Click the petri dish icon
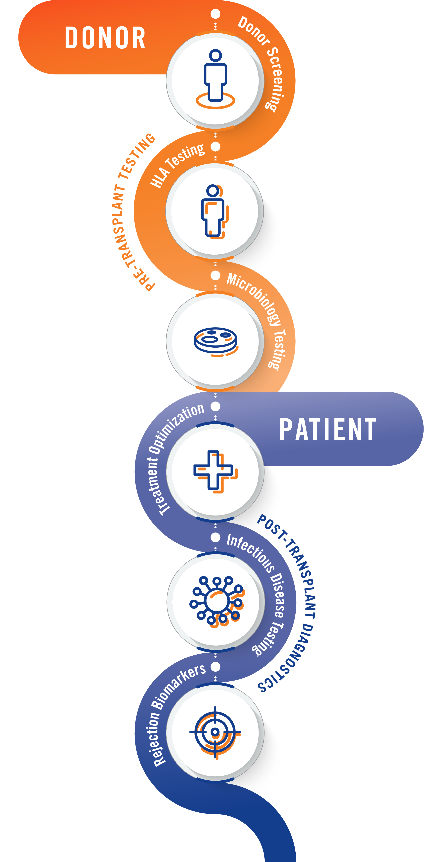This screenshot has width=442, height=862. (216, 341)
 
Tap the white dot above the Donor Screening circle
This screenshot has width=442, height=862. (215, 14)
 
